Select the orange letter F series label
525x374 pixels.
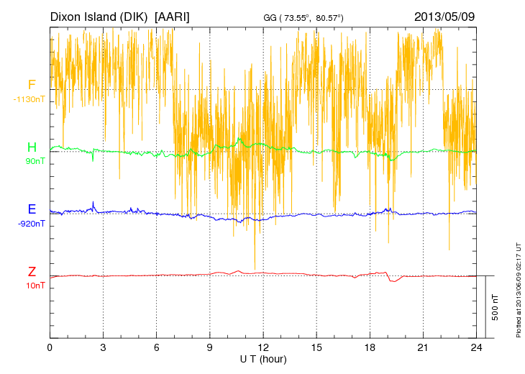[32, 85]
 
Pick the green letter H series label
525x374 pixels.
[32, 147]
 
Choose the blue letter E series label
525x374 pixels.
[32, 209]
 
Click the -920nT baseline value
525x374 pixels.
[32, 224]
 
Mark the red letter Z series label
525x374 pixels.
[32, 272]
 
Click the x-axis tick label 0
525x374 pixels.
[50, 347]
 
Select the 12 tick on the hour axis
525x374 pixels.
[263, 347]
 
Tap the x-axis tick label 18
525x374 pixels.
[370, 347]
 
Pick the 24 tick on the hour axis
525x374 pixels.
[476, 347]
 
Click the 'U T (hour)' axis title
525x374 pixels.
[263, 358]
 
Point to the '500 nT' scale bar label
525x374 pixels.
[496, 306]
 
